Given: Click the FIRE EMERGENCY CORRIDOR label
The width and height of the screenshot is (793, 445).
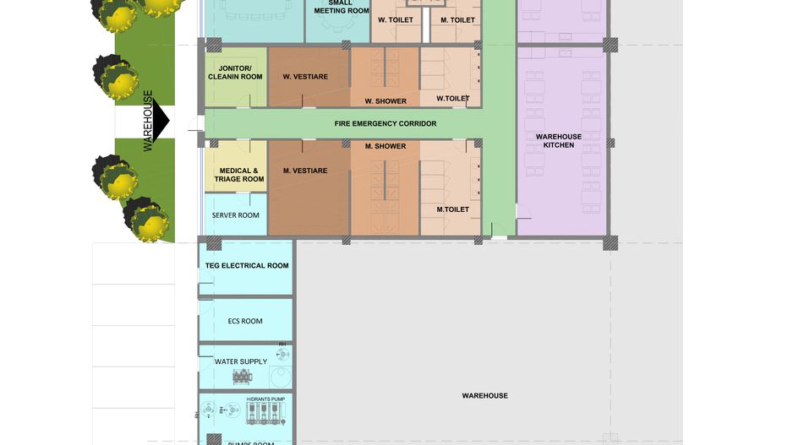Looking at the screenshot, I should tap(386, 123).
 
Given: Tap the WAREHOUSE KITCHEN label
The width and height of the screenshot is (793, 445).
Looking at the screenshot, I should tap(559, 141).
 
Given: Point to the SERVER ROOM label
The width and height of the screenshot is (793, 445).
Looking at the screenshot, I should tap(236, 215).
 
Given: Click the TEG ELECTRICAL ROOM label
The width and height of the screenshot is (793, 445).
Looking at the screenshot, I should tap(247, 266).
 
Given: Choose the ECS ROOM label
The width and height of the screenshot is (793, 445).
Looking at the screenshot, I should tap(245, 321).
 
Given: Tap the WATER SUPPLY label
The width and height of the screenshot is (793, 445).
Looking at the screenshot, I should tap(241, 362).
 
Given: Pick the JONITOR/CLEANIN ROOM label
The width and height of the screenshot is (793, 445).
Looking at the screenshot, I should tap(235, 72).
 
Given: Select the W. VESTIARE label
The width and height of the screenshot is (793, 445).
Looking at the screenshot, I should tap(305, 77).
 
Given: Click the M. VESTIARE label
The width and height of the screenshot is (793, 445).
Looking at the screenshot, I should tap(305, 171).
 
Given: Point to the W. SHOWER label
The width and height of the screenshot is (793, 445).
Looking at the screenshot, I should tap(386, 101).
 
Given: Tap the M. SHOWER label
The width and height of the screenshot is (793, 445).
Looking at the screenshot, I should tap(386, 146).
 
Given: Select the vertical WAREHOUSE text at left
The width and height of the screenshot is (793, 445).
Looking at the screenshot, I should tap(148, 121).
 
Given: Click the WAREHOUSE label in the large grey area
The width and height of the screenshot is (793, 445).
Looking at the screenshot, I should tap(484, 395).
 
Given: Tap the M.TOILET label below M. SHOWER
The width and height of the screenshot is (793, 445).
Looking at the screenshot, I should tap(452, 209).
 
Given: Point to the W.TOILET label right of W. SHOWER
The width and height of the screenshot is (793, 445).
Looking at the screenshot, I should tap(452, 99).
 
